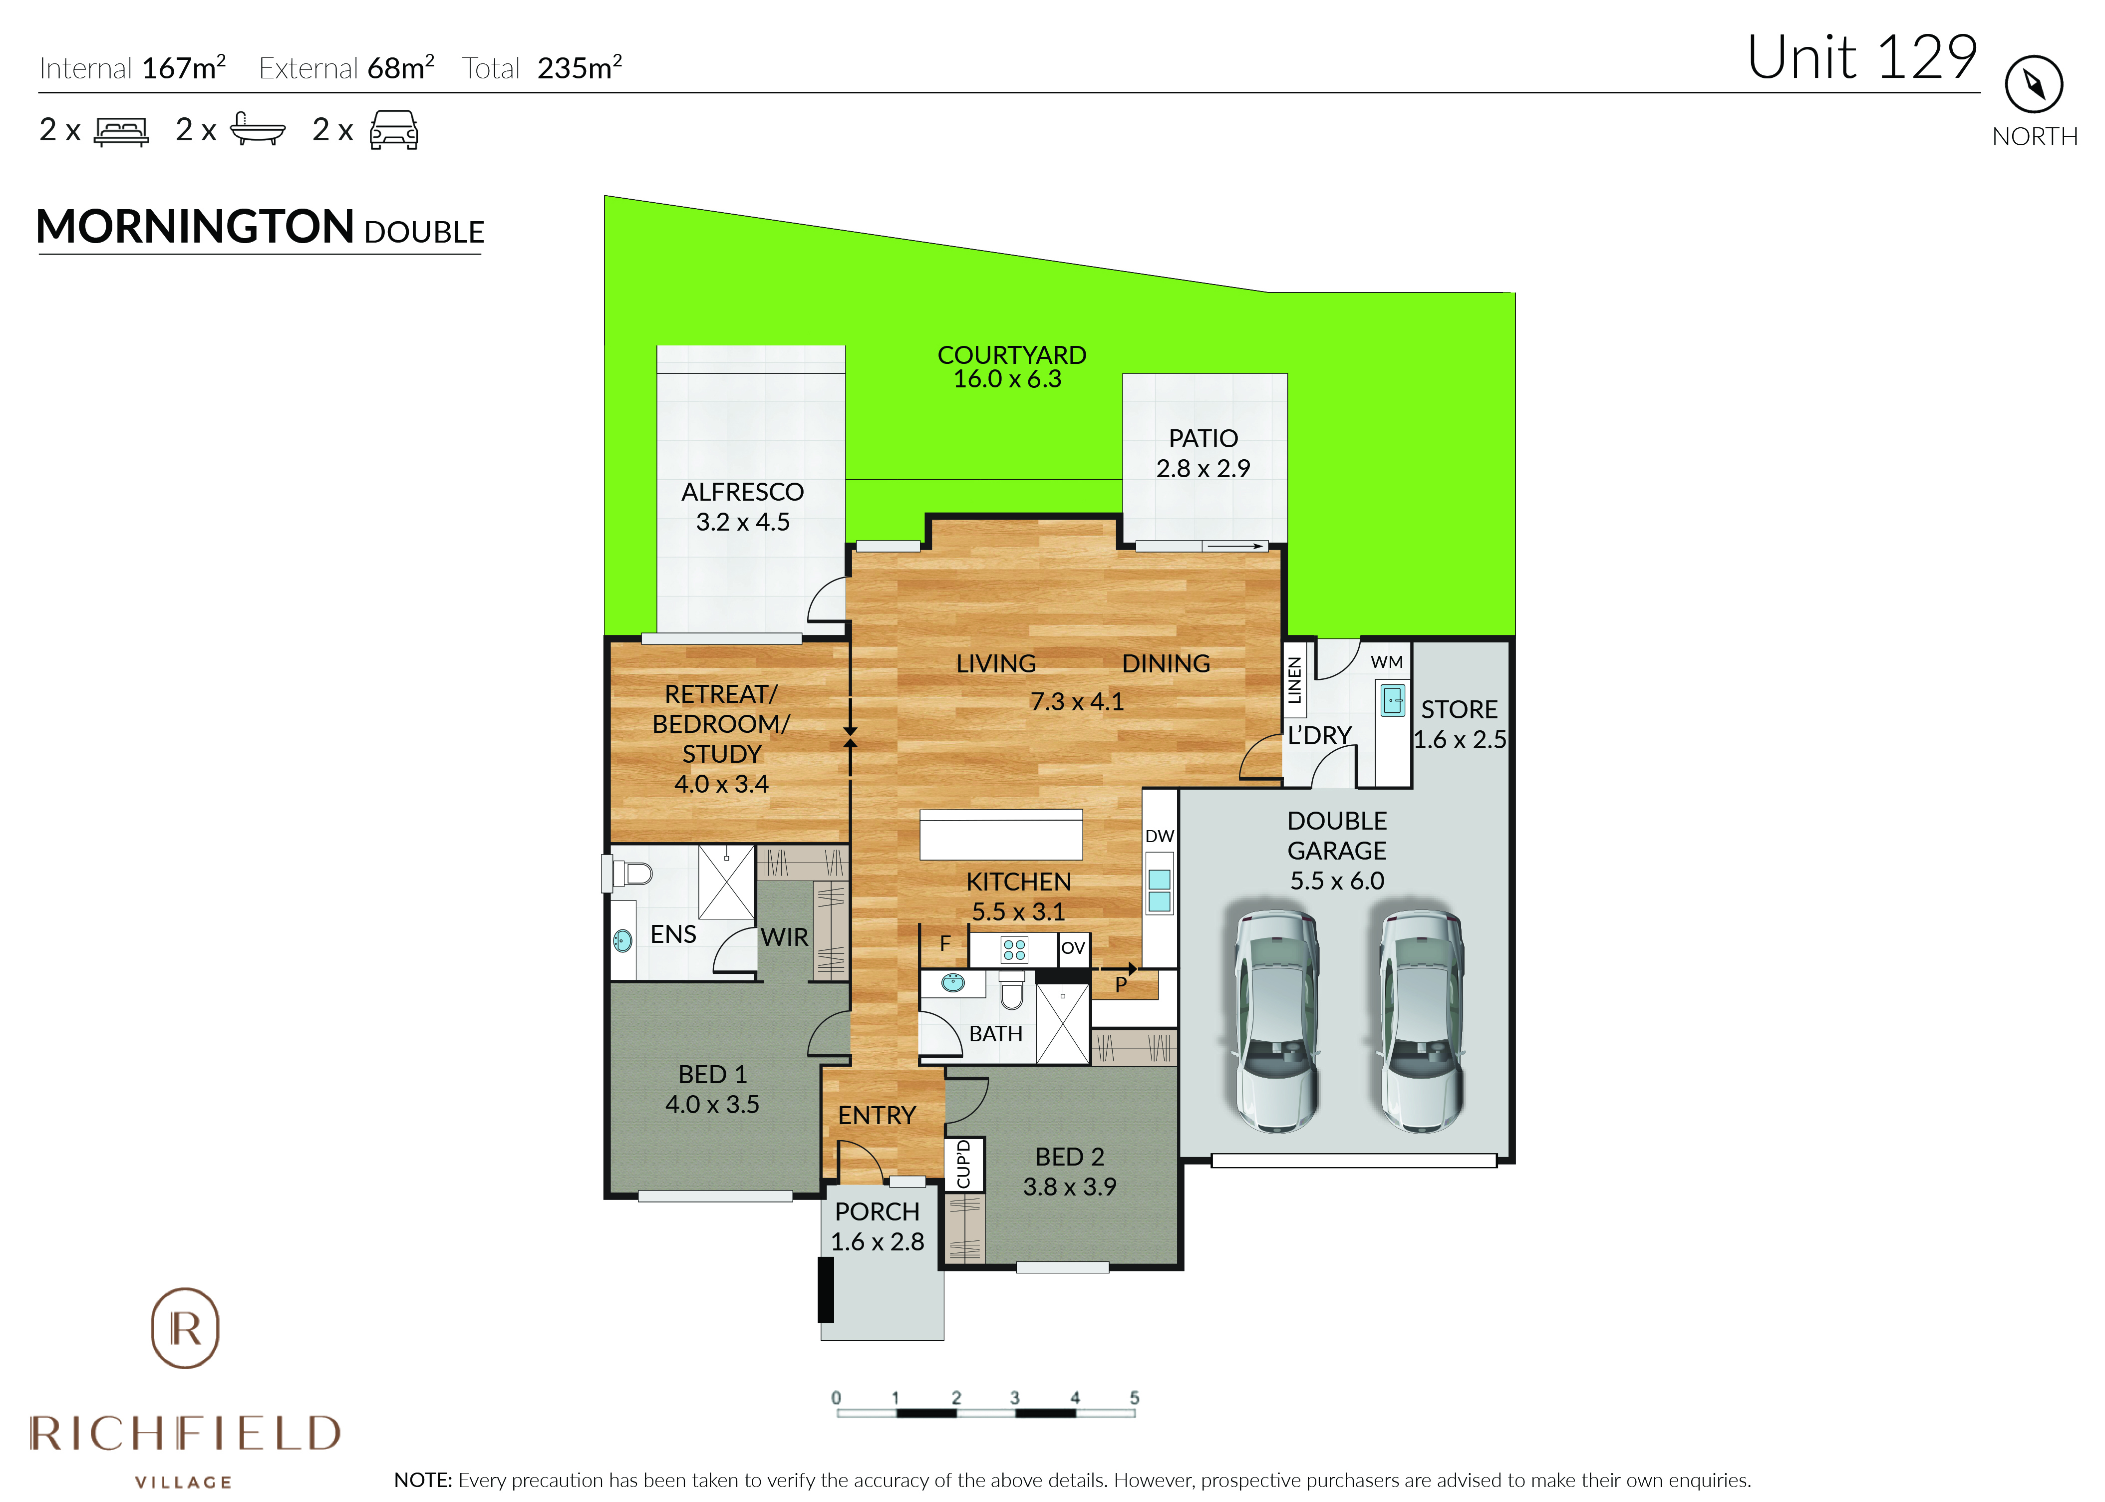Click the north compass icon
pyautogui.click(x=2034, y=84)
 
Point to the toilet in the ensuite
pyautogui.click(x=629, y=872)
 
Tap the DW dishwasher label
pyautogui.click(x=1159, y=836)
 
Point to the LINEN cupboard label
pyautogui.click(x=1295, y=680)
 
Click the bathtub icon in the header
pyautogui.click(x=257, y=129)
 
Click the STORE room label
pyautogui.click(x=1459, y=709)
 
